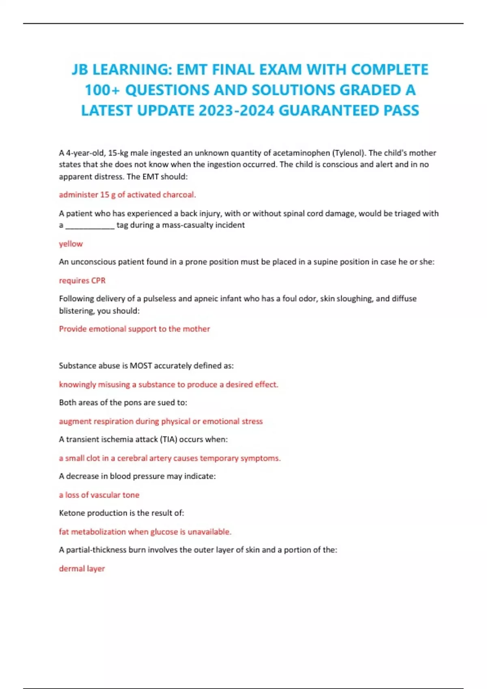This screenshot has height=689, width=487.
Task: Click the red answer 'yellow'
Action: coord(71,244)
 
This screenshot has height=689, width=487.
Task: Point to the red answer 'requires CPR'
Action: coord(82,280)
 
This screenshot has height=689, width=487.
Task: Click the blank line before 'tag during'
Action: coord(90,225)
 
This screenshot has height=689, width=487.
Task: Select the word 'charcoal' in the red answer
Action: coord(179,195)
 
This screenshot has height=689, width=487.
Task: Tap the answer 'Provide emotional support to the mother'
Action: coord(134,329)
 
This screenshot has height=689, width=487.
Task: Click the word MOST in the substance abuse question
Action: coord(140,366)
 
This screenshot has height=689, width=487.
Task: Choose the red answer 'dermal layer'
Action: coord(82,568)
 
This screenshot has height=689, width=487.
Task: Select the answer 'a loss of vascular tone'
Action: coord(99,495)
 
